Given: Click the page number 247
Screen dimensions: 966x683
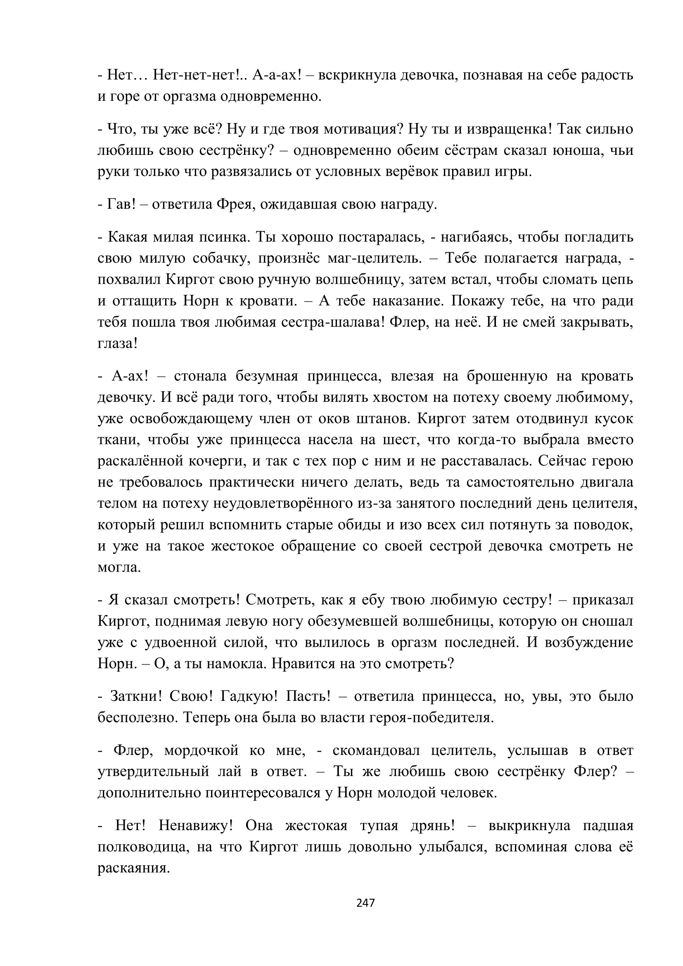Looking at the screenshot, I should pos(365,902).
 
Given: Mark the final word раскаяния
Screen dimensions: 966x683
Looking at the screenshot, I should pos(133,869).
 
